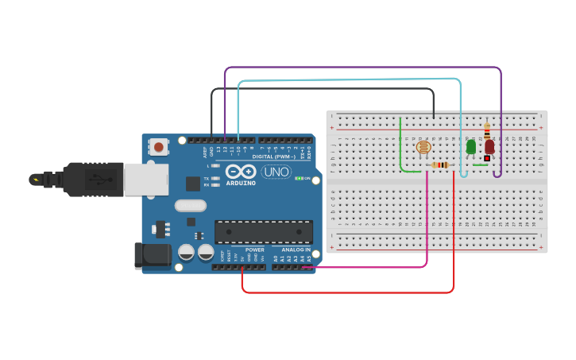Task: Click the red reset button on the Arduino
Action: point(159,146)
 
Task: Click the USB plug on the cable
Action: point(95,179)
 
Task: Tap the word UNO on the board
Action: point(276,172)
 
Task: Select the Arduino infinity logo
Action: point(240,171)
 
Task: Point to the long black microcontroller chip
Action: point(263,231)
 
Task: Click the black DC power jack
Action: point(153,254)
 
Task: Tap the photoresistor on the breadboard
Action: point(423,146)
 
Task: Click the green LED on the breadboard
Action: point(471,147)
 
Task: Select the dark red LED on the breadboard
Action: point(489,146)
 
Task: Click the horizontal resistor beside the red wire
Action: point(440,165)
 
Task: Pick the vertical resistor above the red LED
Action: point(487,130)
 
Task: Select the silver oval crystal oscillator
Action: point(191,206)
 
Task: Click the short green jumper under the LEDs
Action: point(480,165)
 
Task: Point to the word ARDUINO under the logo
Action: point(240,183)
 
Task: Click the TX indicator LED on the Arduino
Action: point(215,178)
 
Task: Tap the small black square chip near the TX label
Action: point(193,183)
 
